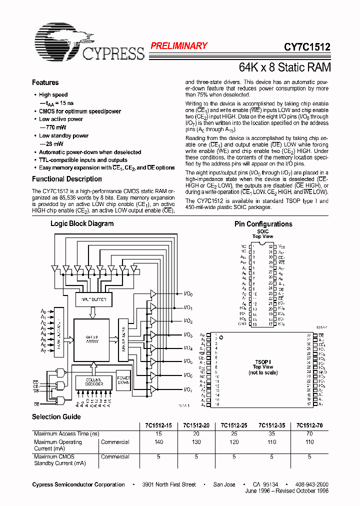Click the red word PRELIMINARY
(179, 46)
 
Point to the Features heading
(45, 83)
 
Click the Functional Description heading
(67, 179)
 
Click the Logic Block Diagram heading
(82, 223)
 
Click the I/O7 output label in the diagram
(188, 389)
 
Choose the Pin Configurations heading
(263, 224)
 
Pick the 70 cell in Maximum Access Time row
(309, 434)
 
